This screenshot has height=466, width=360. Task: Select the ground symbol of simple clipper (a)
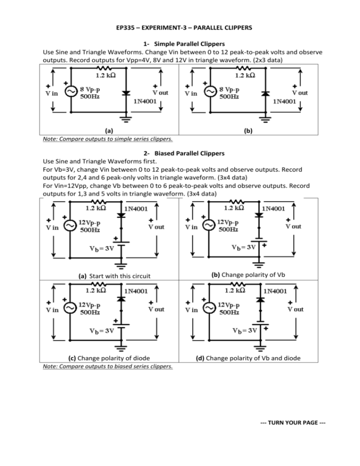click(x=127, y=119)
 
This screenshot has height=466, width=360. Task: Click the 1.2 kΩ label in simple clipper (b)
click(x=245, y=75)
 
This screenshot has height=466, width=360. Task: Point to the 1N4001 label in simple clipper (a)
click(x=145, y=101)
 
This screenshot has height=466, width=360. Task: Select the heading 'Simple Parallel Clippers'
click(x=189, y=44)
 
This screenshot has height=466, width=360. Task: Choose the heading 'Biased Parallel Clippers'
click(x=189, y=153)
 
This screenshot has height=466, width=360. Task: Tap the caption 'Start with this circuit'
click(x=120, y=276)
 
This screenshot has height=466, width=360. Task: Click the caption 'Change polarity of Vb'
click(x=253, y=275)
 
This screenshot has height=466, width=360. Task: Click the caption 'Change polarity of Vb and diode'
click(x=253, y=358)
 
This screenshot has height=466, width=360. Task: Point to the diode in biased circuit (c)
click(x=120, y=299)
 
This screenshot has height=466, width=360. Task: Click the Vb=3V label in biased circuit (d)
click(x=245, y=331)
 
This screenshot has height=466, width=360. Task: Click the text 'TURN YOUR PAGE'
click(x=293, y=422)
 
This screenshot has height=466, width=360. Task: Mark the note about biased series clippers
click(x=108, y=367)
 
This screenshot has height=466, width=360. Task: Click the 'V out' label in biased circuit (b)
click(x=293, y=226)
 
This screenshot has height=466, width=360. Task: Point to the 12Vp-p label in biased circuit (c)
click(x=90, y=305)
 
